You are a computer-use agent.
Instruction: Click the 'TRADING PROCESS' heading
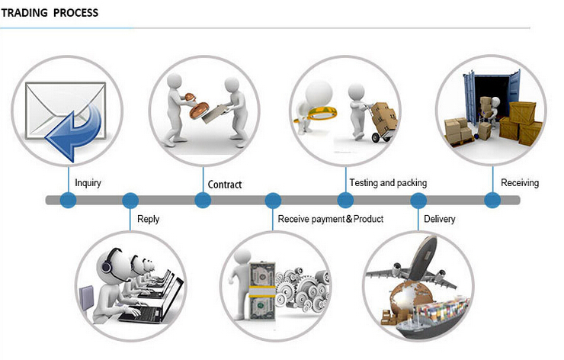(x=50, y=13)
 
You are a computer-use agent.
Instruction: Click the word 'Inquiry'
(x=88, y=183)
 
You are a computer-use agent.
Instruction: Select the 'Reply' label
(x=148, y=219)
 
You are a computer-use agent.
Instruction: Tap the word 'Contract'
(x=225, y=185)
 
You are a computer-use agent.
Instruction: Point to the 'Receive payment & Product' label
(x=331, y=219)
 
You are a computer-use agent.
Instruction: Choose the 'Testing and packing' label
(x=388, y=183)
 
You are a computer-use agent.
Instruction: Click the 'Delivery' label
(x=440, y=219)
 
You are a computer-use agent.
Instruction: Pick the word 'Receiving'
(x=520, y=183)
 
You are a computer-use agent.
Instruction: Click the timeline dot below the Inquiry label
(x=68, y=200)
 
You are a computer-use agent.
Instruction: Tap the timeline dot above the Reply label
(x=130, y=201)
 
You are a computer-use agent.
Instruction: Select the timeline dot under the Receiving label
(x=492, y=200)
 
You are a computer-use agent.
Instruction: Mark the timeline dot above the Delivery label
(x=418, y=201)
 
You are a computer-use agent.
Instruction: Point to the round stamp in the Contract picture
(x=199, y=110)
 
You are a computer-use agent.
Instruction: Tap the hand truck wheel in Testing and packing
(x=377, y=137)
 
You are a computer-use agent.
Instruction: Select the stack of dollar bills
(x=262, y=291)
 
